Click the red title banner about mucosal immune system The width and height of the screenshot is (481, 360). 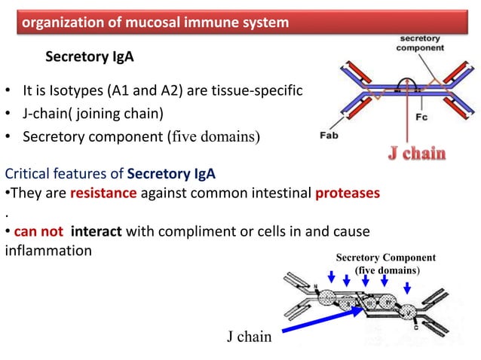pyautogui.click(x=155, y=23)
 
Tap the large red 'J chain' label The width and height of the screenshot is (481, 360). pyautogui.click(x=416, y=154)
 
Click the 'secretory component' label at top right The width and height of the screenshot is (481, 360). pyautogui.click(x=421, y=42)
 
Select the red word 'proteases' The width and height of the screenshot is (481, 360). pyautogui.click(x=348, y=193)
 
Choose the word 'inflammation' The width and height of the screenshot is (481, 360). pyautogui.click(x=48, y=249)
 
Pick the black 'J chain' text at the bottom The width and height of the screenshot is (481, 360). pyautogui.click(x=249, y=337)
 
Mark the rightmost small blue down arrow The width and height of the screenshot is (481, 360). pyautogui.click(x=408, y=288)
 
